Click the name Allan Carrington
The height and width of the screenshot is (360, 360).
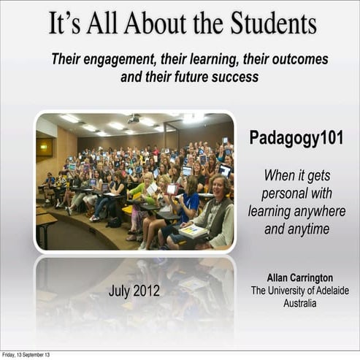point(299,278)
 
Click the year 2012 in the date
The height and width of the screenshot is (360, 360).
point(146,291)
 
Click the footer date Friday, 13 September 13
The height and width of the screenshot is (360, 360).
point(26,355)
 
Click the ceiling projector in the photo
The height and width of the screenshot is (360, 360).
point(133,118)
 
